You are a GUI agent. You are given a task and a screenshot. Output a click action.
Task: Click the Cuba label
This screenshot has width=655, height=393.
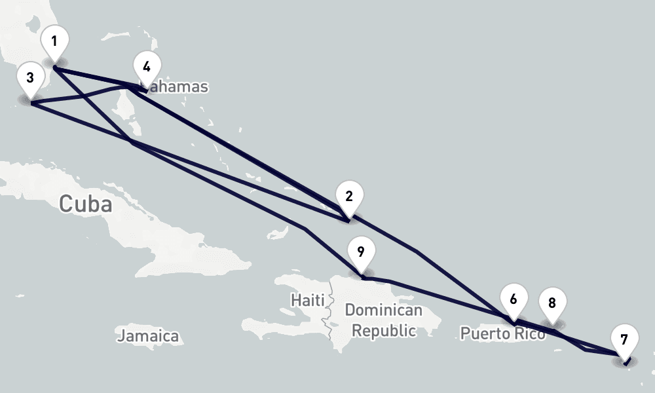pos(85,204)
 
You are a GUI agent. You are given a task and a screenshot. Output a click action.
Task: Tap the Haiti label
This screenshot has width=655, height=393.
pos(308,301)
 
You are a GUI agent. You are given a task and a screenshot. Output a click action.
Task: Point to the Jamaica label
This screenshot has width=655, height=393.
pos(148,337)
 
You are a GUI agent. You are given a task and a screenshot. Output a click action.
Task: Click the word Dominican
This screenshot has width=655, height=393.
pos(383,310)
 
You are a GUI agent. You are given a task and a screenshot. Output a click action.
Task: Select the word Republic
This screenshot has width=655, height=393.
pos(384,330)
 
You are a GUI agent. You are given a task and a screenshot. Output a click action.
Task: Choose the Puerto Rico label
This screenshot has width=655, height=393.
pos(502,333)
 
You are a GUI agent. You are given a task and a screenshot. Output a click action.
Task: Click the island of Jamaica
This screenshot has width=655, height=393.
pos(147,325)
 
